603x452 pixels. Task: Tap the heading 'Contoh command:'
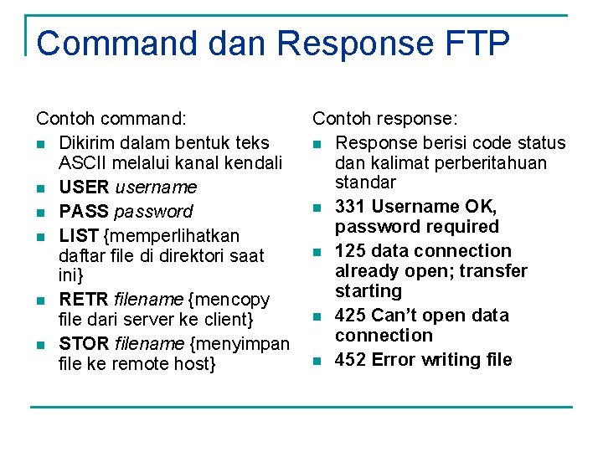[x=111, y=121]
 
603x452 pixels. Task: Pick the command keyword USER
[x=85, y=187]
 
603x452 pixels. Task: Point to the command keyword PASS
[x=84, y=211]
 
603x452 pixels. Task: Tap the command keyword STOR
[x=85, y=343]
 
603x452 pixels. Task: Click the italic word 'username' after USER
[x=156, y=187]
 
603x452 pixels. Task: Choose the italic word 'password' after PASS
[x=153, y=211]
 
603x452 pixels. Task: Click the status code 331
[x=350, y=206]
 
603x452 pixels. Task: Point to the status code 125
[x=350, y=250]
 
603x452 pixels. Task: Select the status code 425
[x=350, y=315]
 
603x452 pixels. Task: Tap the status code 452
[x=350, y=360]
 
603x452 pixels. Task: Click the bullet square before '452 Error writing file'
[x=317, y=361]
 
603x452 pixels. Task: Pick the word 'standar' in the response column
[x=365, y=182]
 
